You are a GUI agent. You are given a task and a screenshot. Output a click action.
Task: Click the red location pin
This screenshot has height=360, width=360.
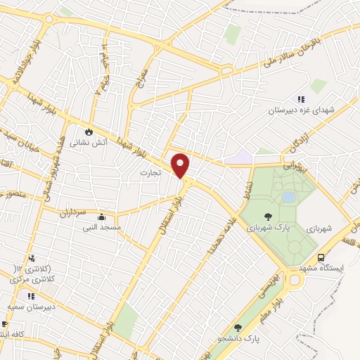181,165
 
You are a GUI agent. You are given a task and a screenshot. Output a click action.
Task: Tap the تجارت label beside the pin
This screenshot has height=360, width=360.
149,172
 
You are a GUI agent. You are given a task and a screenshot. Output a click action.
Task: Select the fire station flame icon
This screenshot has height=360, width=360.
89,131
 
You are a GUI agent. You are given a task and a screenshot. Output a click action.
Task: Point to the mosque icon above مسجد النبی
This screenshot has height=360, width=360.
102,217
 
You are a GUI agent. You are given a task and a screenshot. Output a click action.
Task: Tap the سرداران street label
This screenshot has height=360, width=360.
71,211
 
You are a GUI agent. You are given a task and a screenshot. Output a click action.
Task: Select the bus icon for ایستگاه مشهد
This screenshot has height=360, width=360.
321,258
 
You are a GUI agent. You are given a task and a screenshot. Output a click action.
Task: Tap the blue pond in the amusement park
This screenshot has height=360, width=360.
289,198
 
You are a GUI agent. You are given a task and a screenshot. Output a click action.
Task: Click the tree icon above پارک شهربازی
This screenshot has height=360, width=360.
267,217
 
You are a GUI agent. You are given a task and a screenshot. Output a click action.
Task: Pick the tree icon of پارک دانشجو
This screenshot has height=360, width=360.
238,328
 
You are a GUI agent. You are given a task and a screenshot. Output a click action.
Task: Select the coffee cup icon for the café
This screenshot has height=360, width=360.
5,324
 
